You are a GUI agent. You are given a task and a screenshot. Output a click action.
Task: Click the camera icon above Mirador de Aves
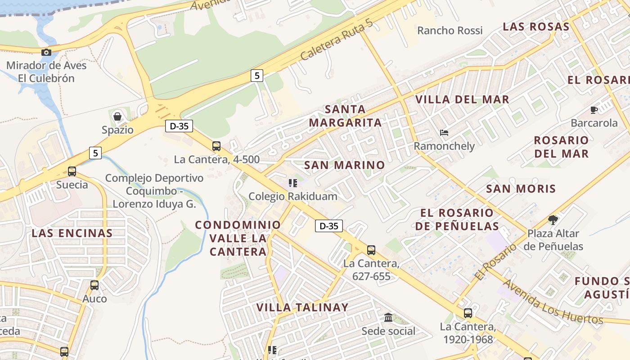(46, 53)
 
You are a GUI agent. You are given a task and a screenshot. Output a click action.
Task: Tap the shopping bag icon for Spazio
(117, 117)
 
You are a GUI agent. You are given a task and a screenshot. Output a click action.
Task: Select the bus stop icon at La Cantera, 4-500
(216, 146)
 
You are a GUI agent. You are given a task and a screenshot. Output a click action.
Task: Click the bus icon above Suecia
(72, 171)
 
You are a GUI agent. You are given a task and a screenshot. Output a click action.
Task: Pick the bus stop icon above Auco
(94, 285)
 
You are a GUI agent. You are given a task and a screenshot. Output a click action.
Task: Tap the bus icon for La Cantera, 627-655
(371, 250)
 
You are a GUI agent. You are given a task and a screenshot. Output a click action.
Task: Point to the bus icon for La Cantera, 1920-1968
(468, 313)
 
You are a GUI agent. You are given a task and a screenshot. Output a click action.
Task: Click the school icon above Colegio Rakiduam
(293, 183)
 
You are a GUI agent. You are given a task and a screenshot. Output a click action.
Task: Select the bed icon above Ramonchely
(444, 133)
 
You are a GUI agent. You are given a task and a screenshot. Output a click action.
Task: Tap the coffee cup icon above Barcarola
(594, 110)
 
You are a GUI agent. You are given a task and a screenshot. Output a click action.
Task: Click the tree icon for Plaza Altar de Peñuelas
(553, 220)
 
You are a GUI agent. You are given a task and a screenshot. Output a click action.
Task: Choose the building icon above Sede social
(388, 318)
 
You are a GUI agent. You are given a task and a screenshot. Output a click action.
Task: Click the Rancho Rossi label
(450, 31)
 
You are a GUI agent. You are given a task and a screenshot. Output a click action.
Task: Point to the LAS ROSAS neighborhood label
(536, 27)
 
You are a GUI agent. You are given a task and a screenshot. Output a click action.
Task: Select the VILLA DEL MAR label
(462, 99)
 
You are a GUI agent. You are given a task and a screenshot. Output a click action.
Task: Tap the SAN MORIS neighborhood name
(521, 189)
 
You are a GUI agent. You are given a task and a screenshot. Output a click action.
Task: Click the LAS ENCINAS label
(72, 233)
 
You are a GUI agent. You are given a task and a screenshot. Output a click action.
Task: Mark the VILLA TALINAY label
(302, 308)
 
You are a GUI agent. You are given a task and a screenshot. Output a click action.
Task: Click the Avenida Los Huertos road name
(553, 301)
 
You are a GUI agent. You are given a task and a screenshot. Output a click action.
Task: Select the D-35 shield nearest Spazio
(179, 126)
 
